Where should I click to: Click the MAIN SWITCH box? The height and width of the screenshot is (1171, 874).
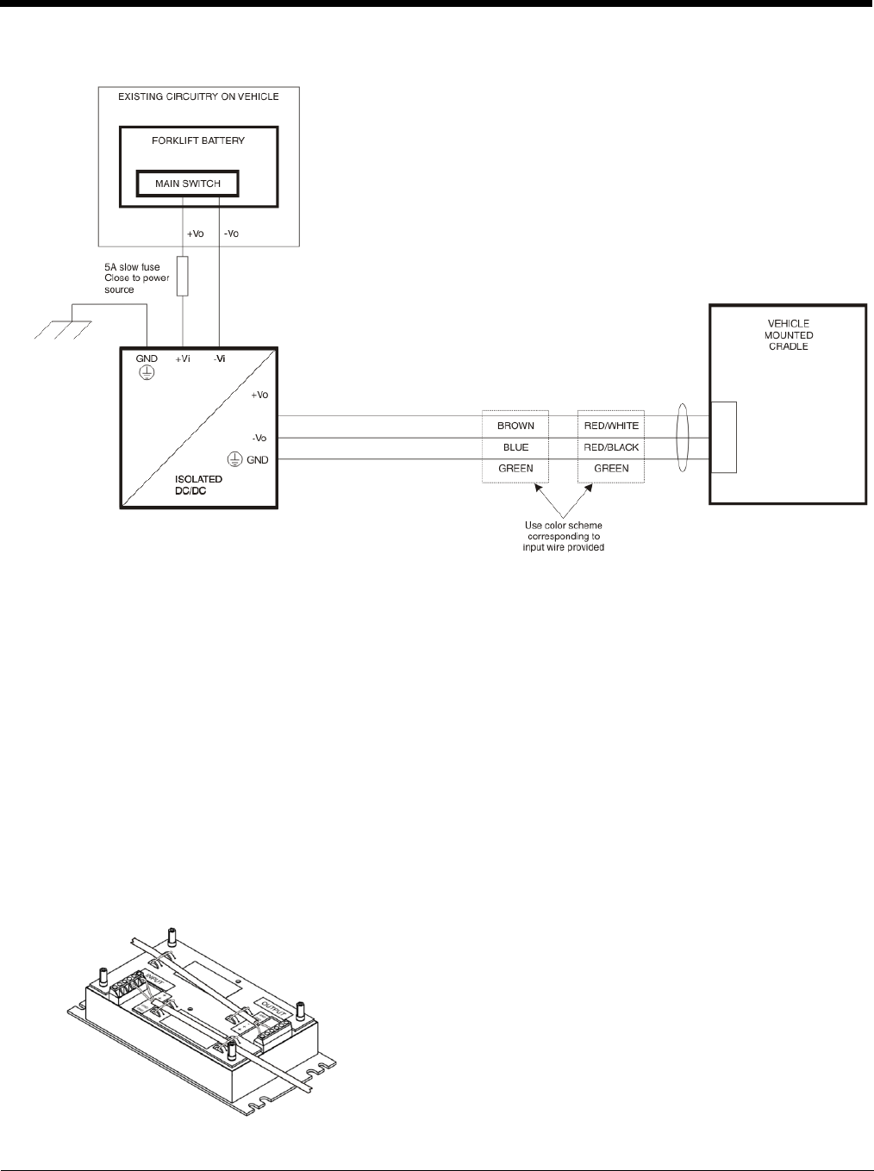tap(187, 184)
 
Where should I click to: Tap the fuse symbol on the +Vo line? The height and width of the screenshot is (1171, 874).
tap(183, 276)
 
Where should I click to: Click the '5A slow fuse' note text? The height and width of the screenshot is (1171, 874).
tap(126, 267)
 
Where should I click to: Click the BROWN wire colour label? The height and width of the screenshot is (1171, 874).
tap(516, 426)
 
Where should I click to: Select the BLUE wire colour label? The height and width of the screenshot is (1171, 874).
tap(516, 447)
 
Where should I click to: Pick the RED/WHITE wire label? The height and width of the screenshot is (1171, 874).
tap(611, 426)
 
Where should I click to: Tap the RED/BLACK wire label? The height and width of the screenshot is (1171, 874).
tap(611, 447)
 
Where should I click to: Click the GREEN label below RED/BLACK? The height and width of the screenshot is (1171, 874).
tap(611, 469)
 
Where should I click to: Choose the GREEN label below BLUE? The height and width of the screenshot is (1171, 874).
tap(516, 469)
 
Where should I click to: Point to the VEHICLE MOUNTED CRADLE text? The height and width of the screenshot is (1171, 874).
tap(788, 335)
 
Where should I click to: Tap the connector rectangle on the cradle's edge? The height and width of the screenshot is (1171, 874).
tap(724, 437)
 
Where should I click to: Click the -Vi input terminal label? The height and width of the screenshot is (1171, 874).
tap(220, 358)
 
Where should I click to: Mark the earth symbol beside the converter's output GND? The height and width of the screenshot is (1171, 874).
tap(233, 460)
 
